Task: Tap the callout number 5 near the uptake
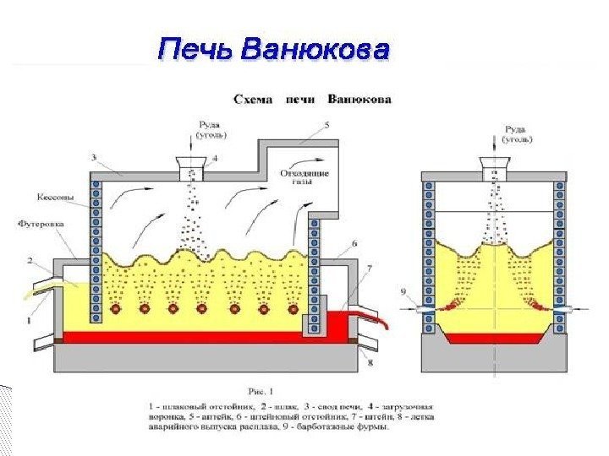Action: [x=326, y=124]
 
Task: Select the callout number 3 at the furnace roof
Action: [x=93, y=157]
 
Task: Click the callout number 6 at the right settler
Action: [x=354, y=242]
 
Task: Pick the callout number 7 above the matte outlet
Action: [x=369, y=268]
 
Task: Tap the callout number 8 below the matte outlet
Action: [x=370, y=363]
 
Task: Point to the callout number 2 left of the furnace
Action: [x=30, y=260]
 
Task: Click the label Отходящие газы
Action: [x=304, y=177]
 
